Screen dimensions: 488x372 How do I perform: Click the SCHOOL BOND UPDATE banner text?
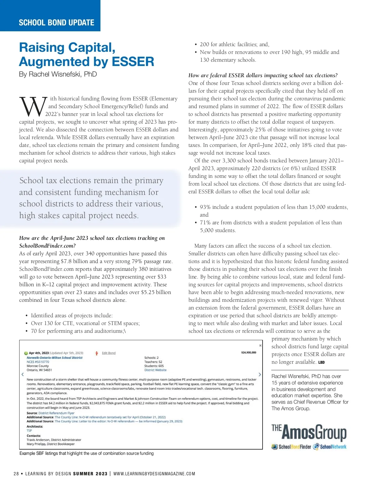[56, 23]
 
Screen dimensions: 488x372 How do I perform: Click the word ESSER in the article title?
[133, 62]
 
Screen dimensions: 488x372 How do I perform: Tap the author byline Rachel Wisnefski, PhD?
[58, 74]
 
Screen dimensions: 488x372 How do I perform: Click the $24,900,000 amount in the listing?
[249, 352]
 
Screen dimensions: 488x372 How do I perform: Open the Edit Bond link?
[108, 353]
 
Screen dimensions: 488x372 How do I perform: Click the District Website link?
[155, 370]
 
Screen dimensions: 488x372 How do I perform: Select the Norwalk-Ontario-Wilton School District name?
[55, 358]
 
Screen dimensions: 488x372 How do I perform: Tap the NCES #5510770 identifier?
[38, 362]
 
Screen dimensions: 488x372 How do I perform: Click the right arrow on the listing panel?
[260, 375]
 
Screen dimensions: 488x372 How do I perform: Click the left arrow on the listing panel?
[23, 375]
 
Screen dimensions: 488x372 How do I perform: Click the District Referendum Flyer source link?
[56, 413]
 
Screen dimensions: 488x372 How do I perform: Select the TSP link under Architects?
[29, 430]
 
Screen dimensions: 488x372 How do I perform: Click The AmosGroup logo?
[309, 433]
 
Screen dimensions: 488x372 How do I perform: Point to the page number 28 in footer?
[16, 474]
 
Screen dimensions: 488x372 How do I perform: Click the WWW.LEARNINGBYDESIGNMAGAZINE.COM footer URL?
[154, 474]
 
